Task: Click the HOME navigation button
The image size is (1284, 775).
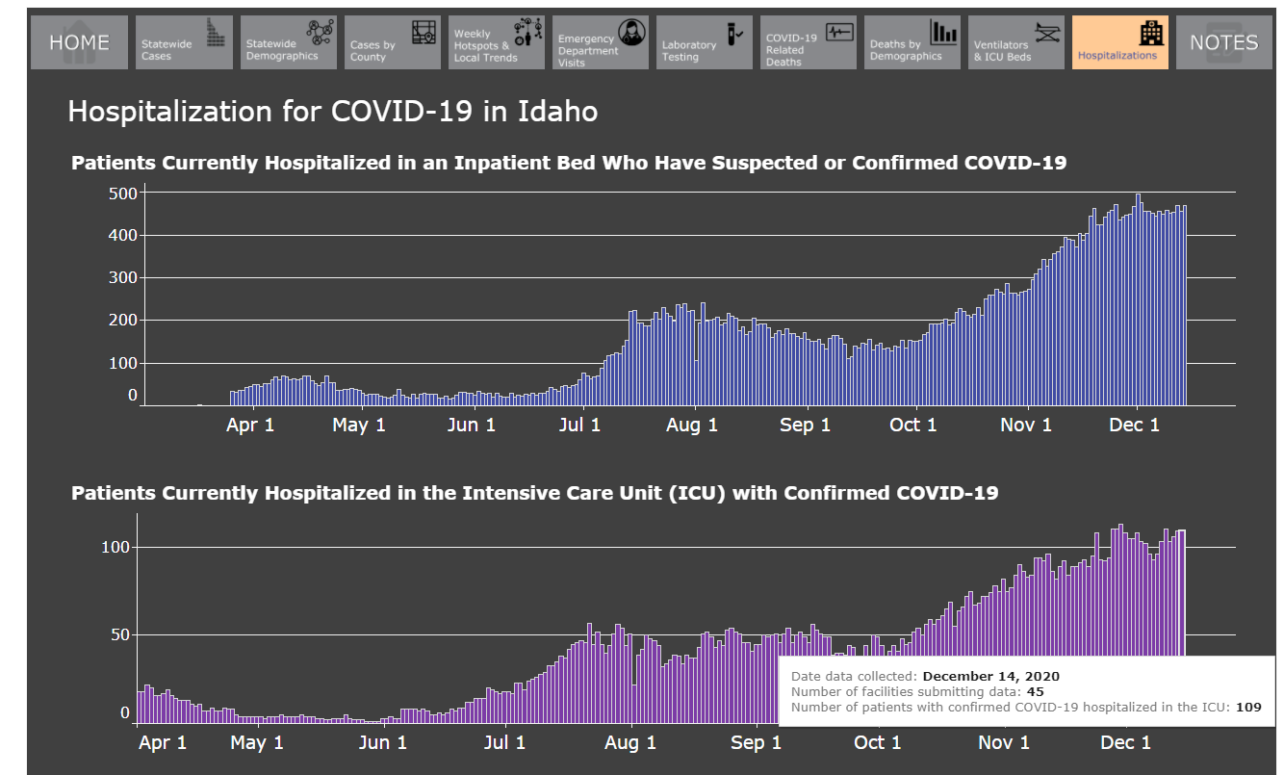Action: (x=79, y=42)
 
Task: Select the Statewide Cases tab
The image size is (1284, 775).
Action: (x=184, y=42)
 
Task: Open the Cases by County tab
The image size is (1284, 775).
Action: (x=393, y=42)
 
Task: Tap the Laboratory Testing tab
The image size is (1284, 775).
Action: (x=705, y=42)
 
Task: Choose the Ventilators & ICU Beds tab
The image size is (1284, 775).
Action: (x=1016, y=42)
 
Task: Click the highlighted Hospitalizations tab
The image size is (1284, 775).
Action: (x=1120, y=42)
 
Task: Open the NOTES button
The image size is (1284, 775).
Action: (x=1224, y=42)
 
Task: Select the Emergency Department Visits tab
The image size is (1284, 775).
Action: (x=601, y=42)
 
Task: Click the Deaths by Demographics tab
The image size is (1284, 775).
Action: (x=912, y=42)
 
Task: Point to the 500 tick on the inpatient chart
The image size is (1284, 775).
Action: (x=123, y=194)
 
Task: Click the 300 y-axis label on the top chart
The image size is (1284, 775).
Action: (x=123, y=277)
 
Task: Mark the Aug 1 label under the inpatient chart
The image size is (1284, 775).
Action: (x=692, y=425)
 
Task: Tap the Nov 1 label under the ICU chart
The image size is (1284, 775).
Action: (x=1004, y=742)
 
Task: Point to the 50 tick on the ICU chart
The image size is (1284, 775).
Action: (x=120, y=634)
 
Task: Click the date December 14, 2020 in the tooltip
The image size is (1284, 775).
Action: (x=991, y=677)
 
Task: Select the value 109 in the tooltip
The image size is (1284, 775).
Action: (x=1248, y=708)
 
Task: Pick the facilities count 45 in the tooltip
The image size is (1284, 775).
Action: (x=1036, y=692)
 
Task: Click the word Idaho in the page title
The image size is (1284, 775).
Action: (x=557, y=112)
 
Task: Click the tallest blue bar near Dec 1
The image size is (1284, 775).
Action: (x=1139, y=299)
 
